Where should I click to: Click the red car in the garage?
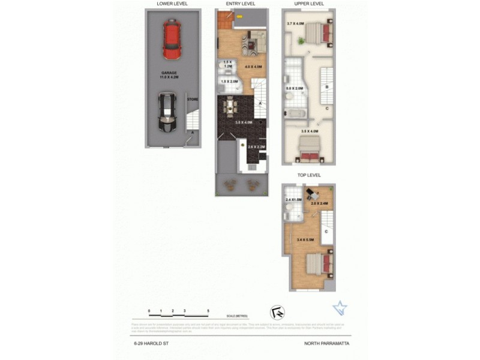tap(172, 40)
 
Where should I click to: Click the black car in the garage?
tap(166, 112)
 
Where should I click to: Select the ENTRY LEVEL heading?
tap(241, 4)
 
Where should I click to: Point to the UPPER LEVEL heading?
tap(310, 4)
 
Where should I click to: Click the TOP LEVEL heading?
tap(309, 175)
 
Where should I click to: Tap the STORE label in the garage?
tap(192, 99)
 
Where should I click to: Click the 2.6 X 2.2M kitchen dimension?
tap(248, 147)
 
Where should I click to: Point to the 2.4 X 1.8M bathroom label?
tap(294, 200)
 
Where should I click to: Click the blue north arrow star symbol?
tap(340, 308)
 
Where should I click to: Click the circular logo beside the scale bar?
tap(278, 312)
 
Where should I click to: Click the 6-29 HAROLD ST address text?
tap(148, 344)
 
